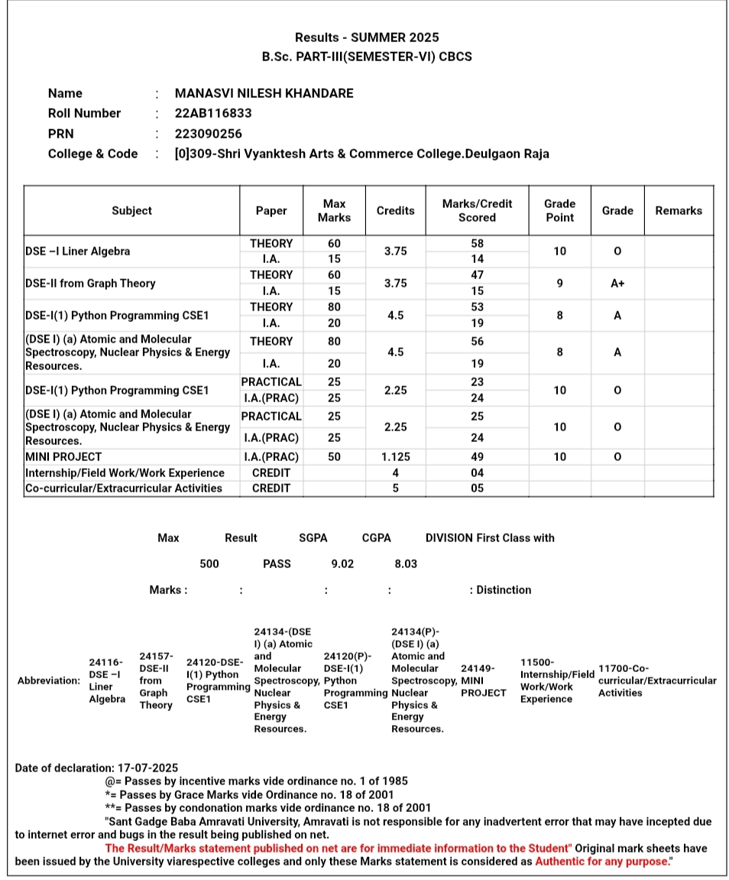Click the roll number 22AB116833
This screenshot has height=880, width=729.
click(213, 113)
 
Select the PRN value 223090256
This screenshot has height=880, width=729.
click(209, 133)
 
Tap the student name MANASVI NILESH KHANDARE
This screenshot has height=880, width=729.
click(264, 93)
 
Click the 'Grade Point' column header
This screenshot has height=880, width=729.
click(559, 210)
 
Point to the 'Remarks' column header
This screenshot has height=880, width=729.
click(679, 210)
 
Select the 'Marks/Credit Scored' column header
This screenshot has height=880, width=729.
click(477, 210)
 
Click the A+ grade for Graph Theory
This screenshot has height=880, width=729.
click(617, 283)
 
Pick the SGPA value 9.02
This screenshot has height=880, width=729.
click(342, 563)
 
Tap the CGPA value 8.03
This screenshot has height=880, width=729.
click(406, 563)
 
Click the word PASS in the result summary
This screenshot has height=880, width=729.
click(277, 563)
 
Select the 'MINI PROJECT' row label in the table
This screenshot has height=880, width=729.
click(63, 456)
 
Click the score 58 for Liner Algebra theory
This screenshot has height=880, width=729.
click(477, 243)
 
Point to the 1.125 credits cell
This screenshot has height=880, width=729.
click(395, 456)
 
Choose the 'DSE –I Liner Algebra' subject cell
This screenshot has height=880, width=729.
click(78, 251)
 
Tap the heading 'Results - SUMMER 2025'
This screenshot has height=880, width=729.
click(367, 37)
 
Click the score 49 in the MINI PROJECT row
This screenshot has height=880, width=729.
click(477, 456)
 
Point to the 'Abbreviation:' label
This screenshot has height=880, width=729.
click(48, 680)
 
